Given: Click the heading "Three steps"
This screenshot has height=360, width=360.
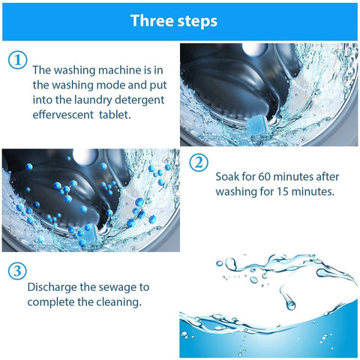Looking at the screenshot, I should click(x=174, y=20).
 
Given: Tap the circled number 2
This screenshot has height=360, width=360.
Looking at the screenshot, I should click(x=198, y=163).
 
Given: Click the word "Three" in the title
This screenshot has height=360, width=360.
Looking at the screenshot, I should click(x=152, y=20).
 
